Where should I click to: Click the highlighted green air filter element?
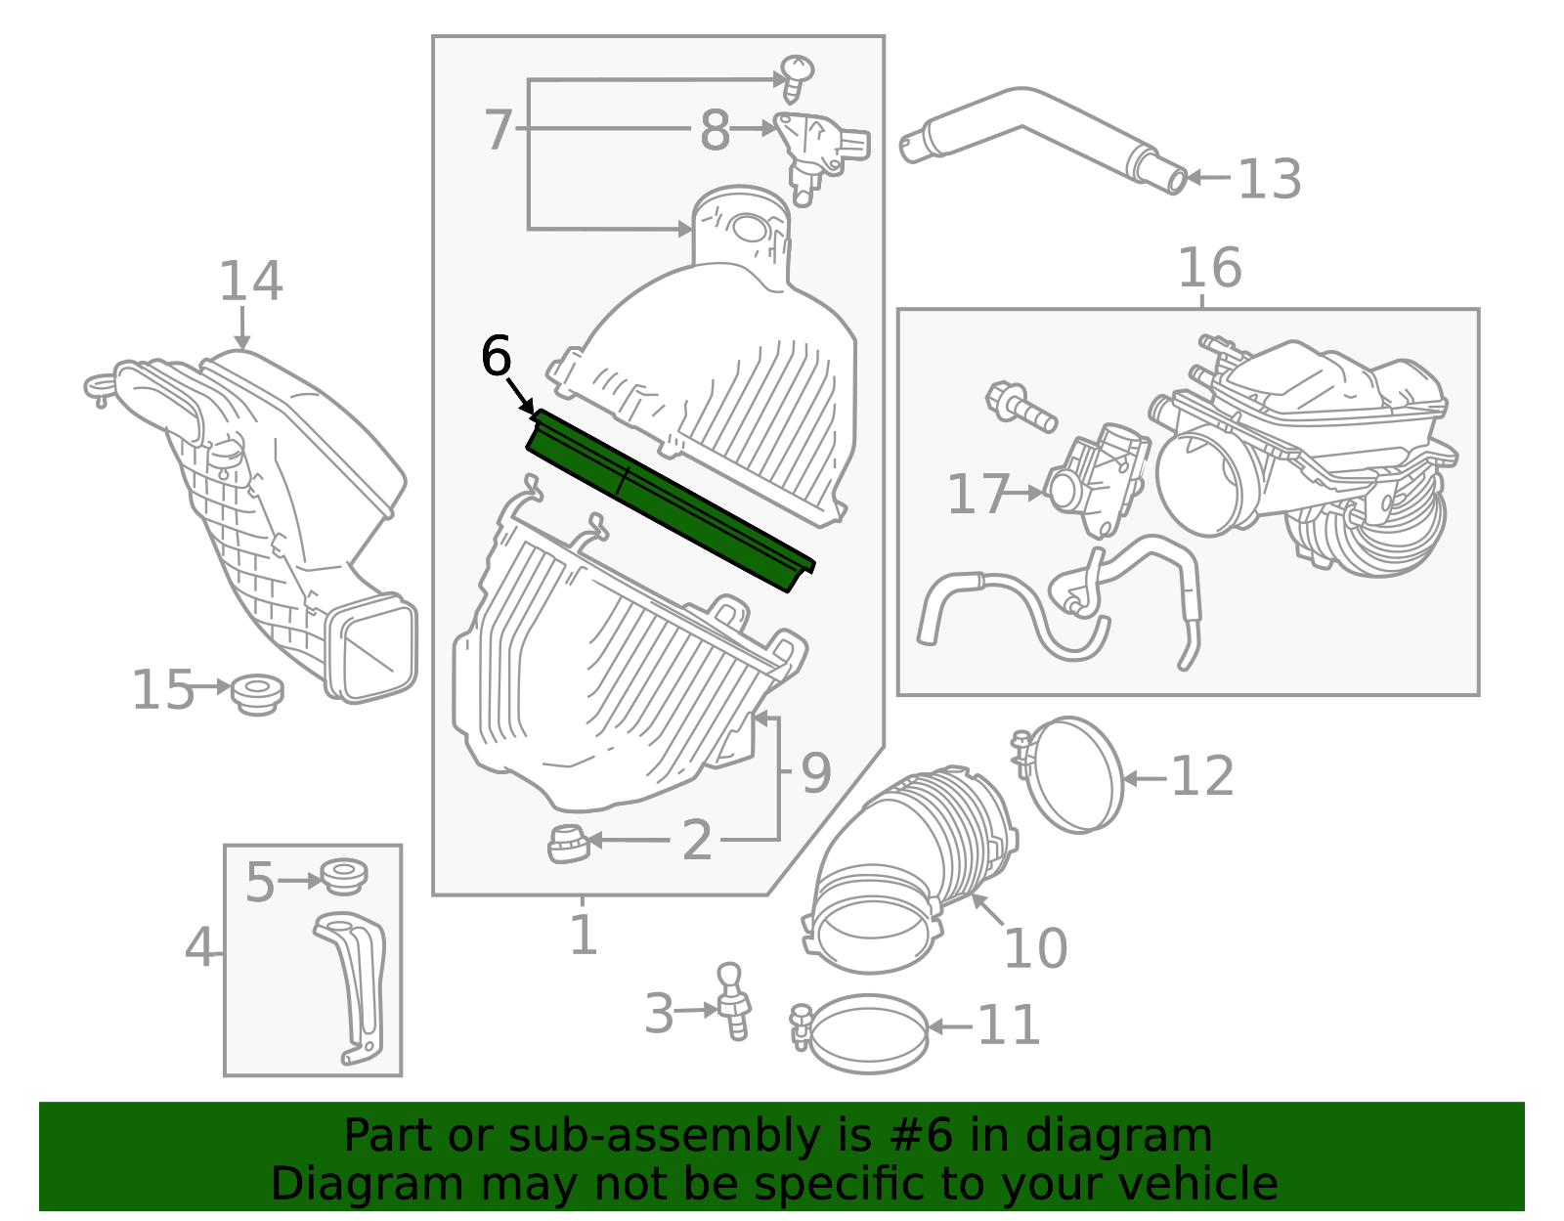(x=671, y=501)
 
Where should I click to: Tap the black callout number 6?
(x=496, y=356)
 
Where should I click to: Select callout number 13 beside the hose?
(x=1270, y=179)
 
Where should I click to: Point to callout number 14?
(x=250, y=281)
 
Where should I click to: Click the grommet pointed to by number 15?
(x=258, y=695)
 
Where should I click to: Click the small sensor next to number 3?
(x=734, y=1002)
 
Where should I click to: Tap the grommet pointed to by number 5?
(x=344, y=876)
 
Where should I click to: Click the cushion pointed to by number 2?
(x=569, y=844)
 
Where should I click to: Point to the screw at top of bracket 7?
(x=796, y=77)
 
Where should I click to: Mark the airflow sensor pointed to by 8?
(x=820, y=154)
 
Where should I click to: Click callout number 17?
(x=977, y=494)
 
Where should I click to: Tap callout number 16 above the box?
(x=1210, y=268)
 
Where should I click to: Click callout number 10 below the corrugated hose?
(x=1035, y=947)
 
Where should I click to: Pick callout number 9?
(x=816, y=774)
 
